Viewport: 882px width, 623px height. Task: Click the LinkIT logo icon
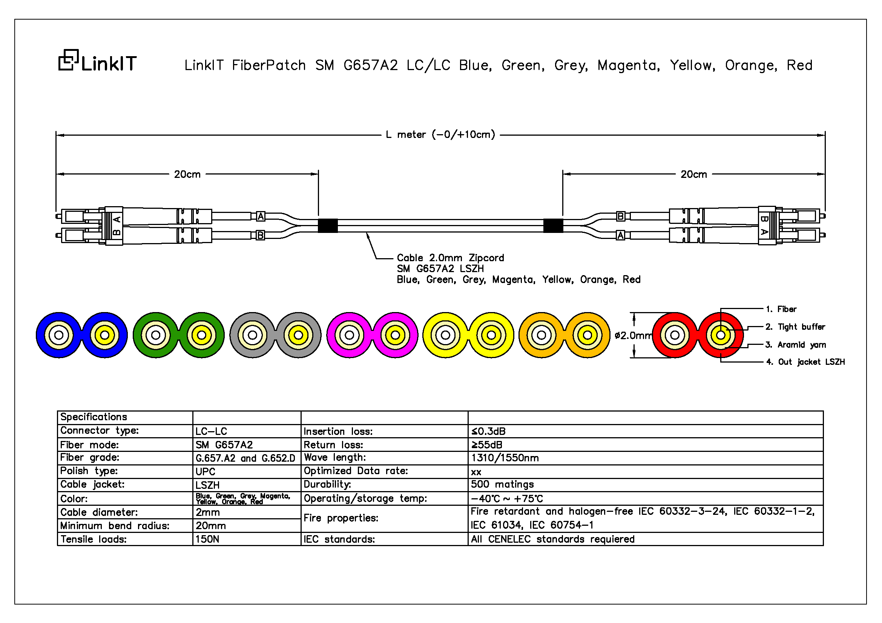point(68,60)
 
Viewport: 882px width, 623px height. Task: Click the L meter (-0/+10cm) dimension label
point(440,135)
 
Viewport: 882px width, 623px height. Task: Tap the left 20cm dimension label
point(187,174)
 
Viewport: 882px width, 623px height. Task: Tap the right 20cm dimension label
point(694,174)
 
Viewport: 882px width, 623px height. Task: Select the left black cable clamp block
point(328,226)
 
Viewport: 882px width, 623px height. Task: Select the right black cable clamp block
point(553,226)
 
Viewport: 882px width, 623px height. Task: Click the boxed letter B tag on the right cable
point(620,216)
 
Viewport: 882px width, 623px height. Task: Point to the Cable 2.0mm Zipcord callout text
point(451,257)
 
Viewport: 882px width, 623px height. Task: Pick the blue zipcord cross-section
point(81,335)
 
